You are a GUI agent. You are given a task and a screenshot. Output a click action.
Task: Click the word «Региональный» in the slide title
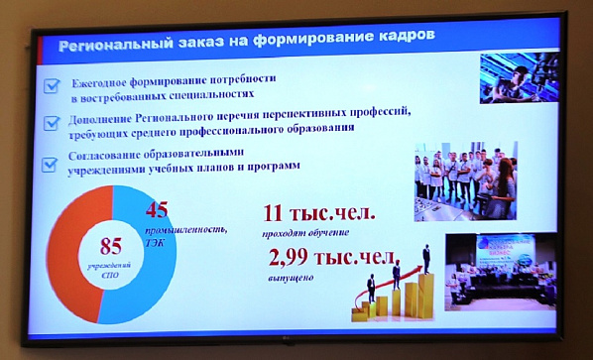tap(111, 44)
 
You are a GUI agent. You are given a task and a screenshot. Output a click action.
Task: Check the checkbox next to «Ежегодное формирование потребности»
tap(51, 87)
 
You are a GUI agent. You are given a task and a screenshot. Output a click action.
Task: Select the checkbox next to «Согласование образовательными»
tap(50, 164)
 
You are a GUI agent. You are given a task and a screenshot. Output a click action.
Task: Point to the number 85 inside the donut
tap(111, 245)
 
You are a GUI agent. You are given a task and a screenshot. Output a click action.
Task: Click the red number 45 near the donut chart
tap(162, 210)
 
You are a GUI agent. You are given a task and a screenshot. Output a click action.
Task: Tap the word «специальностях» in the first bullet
tap(209, 95)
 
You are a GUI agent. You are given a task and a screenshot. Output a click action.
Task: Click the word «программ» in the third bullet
tap(271, 168)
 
